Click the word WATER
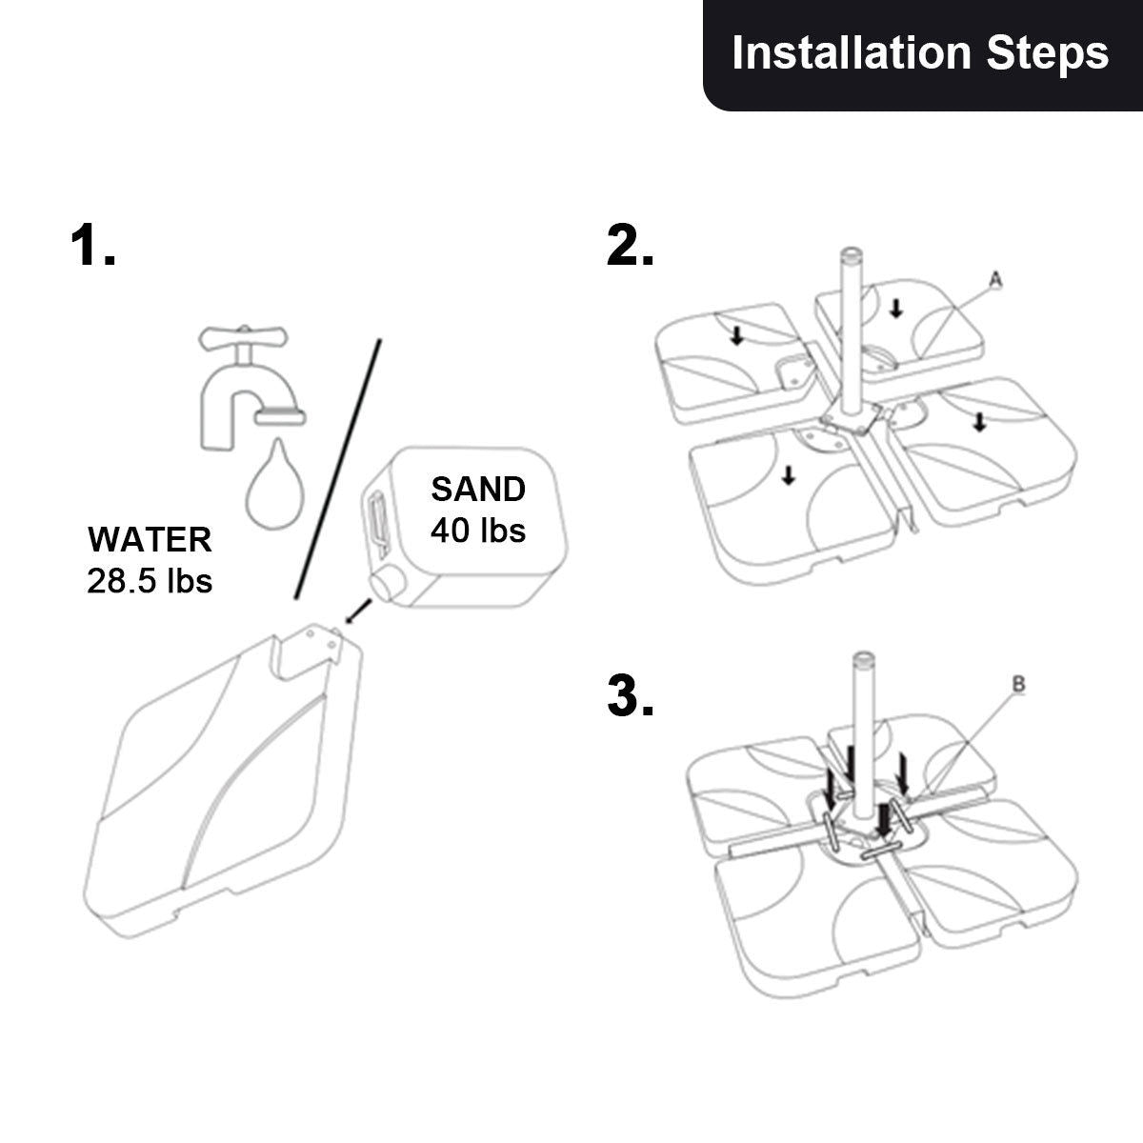[x=150, y=539]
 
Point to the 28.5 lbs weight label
[x=150, y=580]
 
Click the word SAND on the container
[x=478, y=490]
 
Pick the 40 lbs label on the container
[x=478, y=530]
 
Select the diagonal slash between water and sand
[x=338, y=467]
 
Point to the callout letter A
[x=994, y=279]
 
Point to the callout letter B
[x=1017, y=684]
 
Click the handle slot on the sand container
[x=375, y=522]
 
